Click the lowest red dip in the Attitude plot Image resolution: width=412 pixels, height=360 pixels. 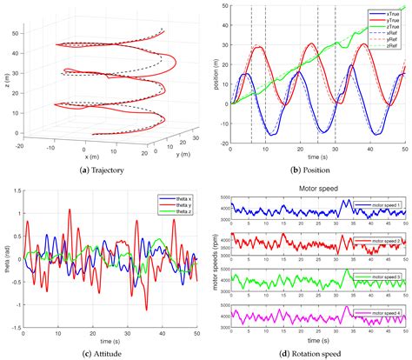(146, 309)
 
